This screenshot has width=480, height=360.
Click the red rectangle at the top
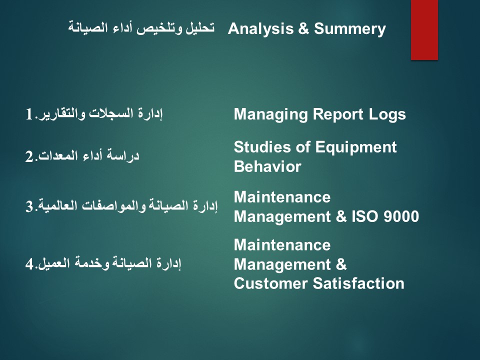pyautogui.click(x=424, y=29)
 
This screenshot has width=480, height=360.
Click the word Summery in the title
pyautogui.click(x=350, y=29)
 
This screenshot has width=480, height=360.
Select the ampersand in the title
pyautogui.click(x=303, y=29)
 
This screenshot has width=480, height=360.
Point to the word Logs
pyautogui.click(x=387, y=115)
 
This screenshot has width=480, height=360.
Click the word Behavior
pyautogui.click(x=267, y=167)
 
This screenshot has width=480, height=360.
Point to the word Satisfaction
pyautogui.click(x=358, y=283)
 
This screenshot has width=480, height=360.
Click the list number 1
pyautogui.click(x=29, y=115)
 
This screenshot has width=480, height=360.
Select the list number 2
pyautogui.click(x=29, y=156)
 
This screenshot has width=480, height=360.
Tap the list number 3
pyautogui.click(x=29, y=206)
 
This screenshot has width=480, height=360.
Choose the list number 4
pyautogui.click(x=29, y=264)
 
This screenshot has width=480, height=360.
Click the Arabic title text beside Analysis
pyautogui.click(x=141, y=28)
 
